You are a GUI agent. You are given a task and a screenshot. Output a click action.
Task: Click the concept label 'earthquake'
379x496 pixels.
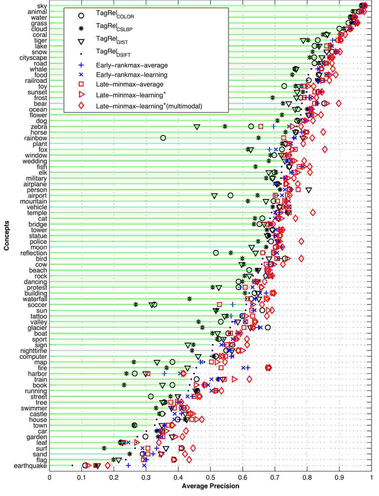(30, 466)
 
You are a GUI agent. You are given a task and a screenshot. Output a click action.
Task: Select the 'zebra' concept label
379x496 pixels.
(39, 127)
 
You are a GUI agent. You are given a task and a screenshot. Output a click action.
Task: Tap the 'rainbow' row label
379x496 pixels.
(36, 138)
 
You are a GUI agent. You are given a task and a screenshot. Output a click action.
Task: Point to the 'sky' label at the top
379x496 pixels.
(42, 6)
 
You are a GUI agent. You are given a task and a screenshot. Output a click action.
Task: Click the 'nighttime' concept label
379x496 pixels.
(34, 351)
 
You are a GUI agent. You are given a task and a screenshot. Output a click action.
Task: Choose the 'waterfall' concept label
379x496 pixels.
(35, 299)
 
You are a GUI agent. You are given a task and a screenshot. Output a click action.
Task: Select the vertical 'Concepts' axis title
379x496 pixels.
(6, 235)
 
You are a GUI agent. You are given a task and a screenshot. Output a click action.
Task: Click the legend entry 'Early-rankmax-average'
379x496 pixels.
(132, 65)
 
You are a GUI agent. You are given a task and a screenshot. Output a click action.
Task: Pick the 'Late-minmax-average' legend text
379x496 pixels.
(130, 84)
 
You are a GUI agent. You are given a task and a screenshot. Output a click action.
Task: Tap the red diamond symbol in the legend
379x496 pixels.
(81, 106)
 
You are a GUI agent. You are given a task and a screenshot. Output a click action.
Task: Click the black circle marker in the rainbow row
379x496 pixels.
(163, 138)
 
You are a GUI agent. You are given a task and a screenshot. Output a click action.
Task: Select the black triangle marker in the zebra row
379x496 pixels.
(197, 127)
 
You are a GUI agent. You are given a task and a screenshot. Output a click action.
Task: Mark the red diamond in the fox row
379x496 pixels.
(325, 149)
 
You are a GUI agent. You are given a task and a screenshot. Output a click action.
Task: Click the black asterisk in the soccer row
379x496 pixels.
(136, 304)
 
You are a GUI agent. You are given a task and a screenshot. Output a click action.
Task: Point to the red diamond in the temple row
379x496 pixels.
(313, 213)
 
